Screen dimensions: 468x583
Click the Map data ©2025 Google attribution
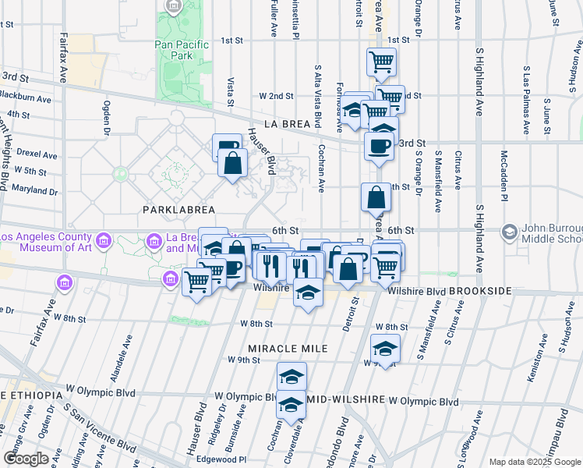coord(534,462)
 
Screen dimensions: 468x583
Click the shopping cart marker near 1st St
coord(381,62)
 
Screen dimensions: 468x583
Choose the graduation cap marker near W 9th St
coord(385,348)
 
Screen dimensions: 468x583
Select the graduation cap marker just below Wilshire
coord(308,293)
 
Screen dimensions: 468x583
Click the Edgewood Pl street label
coord(221,459)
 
